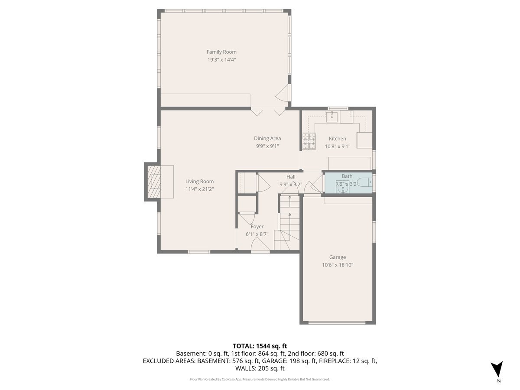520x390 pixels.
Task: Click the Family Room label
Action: [221, 52]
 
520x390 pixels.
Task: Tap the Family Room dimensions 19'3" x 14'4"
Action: [221, 60]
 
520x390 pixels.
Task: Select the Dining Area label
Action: [267, 138]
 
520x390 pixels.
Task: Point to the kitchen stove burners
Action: [309, 141]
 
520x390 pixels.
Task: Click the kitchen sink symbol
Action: [333, 116]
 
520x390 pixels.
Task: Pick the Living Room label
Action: [199, 182]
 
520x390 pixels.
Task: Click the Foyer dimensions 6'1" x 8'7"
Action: [257, 234]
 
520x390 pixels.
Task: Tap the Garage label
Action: [338, 257]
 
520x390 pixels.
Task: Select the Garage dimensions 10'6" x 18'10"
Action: [338, 265]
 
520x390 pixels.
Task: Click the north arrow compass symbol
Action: [498, 370]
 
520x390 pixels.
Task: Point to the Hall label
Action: [291, 177]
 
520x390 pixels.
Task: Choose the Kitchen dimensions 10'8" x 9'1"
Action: [338, 146]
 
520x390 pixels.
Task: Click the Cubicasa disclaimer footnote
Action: [260, 379]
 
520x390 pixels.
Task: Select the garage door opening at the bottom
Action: [338, 322]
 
